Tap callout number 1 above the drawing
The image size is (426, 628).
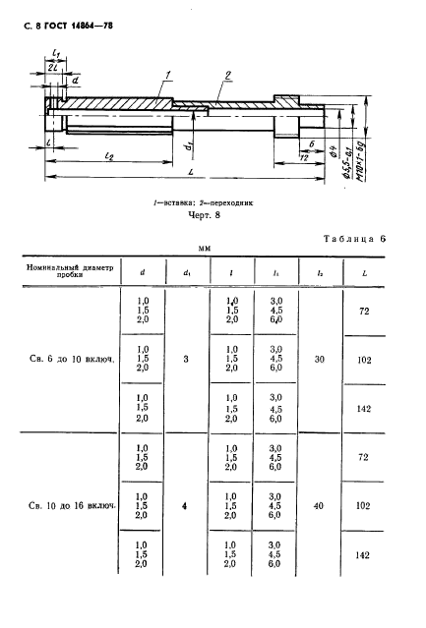[170, 73]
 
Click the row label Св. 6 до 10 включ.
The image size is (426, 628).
[68, 360]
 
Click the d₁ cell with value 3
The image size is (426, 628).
[186, 360]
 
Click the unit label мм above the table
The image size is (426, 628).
[206, 249]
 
